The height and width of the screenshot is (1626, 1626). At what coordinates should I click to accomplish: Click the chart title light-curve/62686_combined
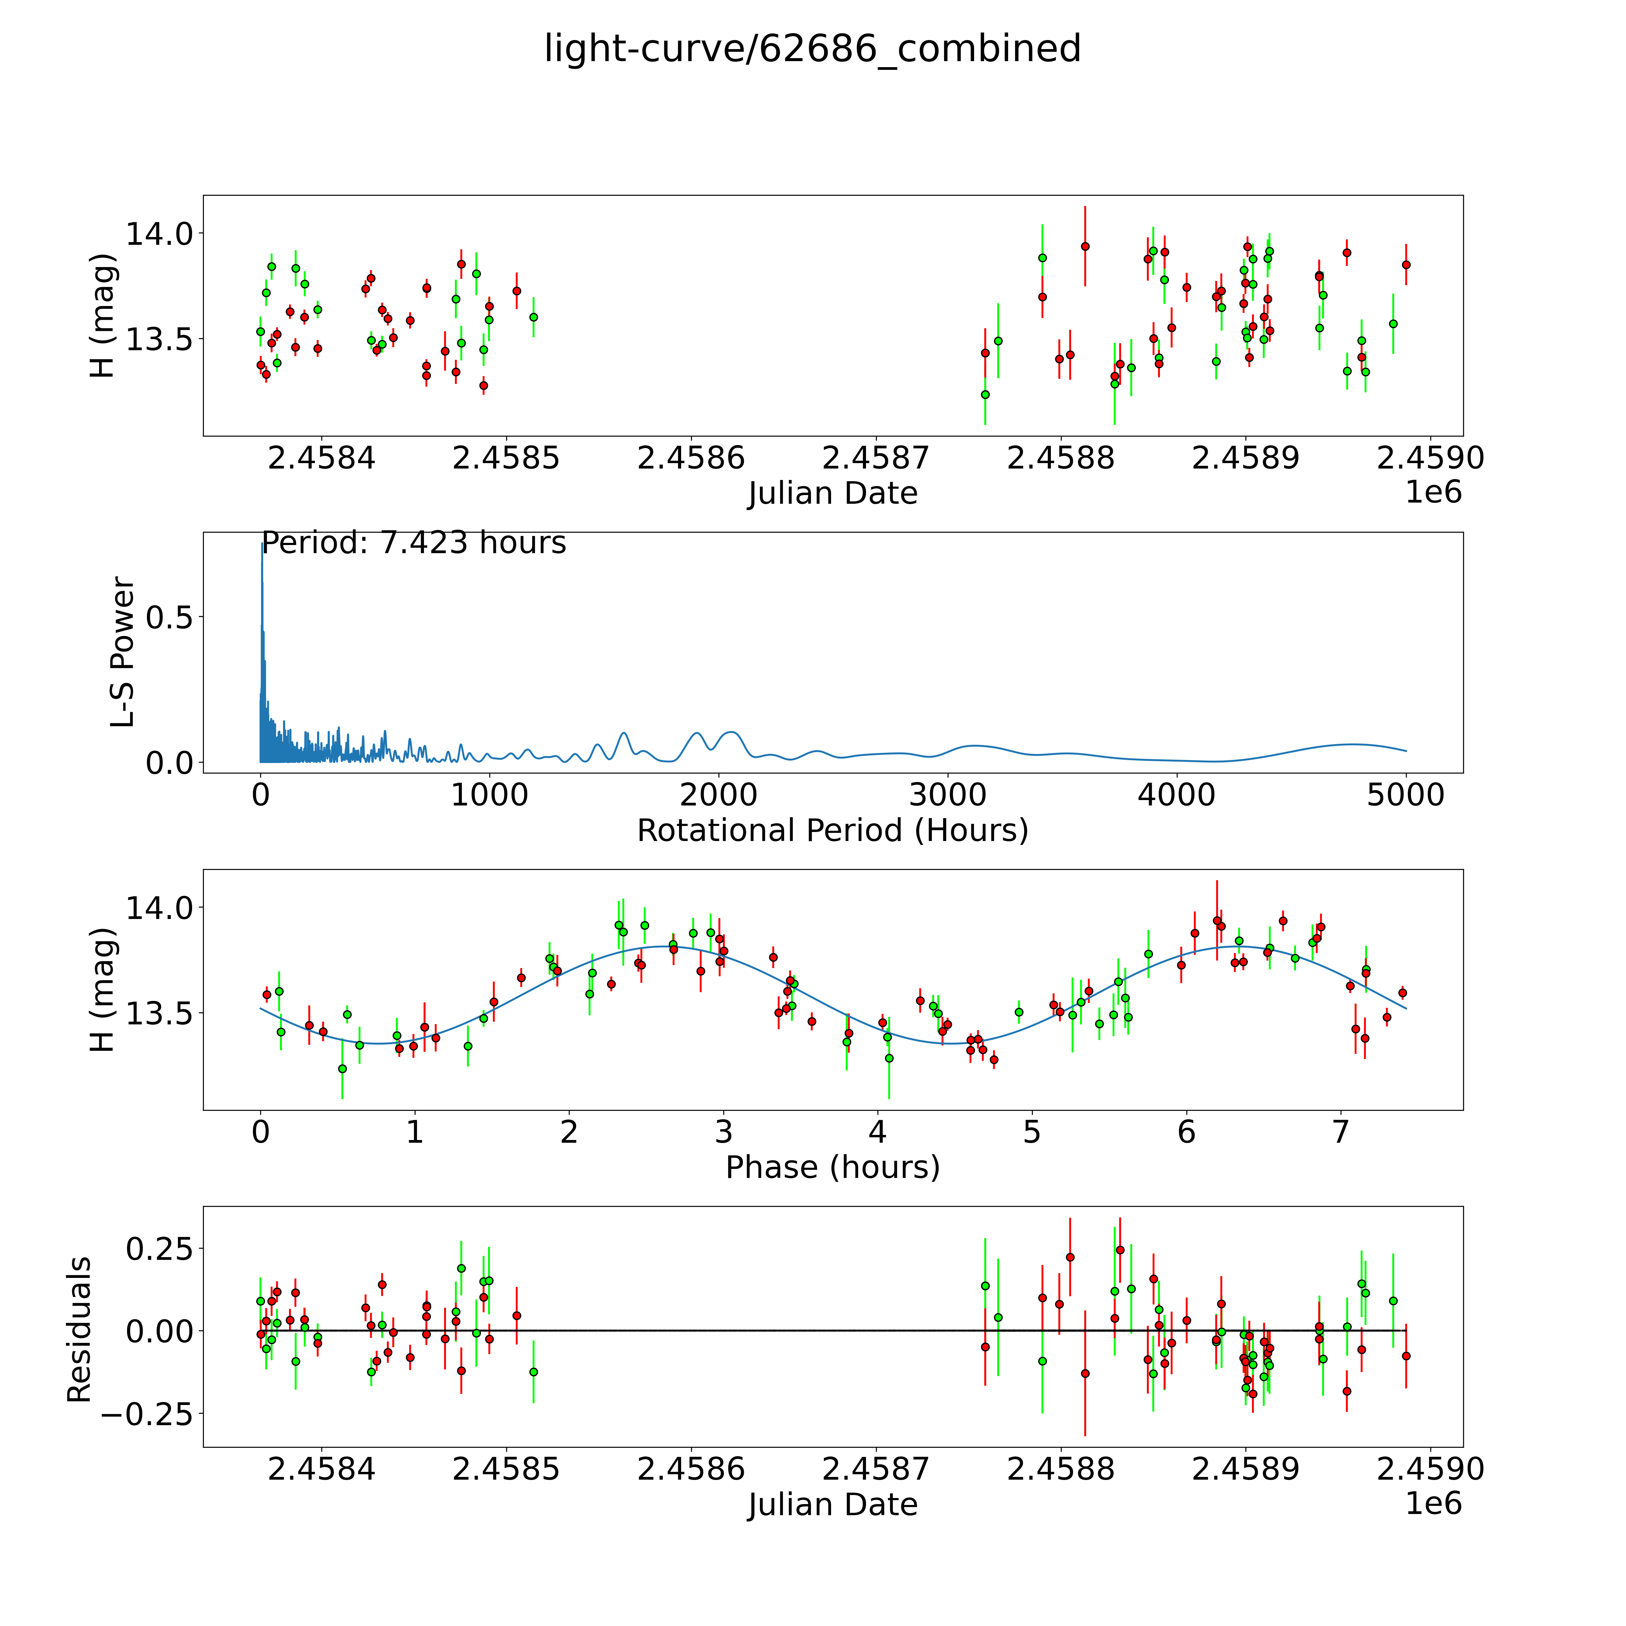[812, 49]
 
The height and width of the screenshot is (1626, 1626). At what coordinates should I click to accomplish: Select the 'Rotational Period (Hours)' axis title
[832, 831]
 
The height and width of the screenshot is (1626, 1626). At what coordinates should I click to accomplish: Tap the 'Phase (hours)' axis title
[832, 1167]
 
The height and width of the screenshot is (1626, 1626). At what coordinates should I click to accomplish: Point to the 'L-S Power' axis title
[123, 652]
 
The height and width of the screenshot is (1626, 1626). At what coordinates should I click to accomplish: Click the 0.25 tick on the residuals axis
[158, 1248]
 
